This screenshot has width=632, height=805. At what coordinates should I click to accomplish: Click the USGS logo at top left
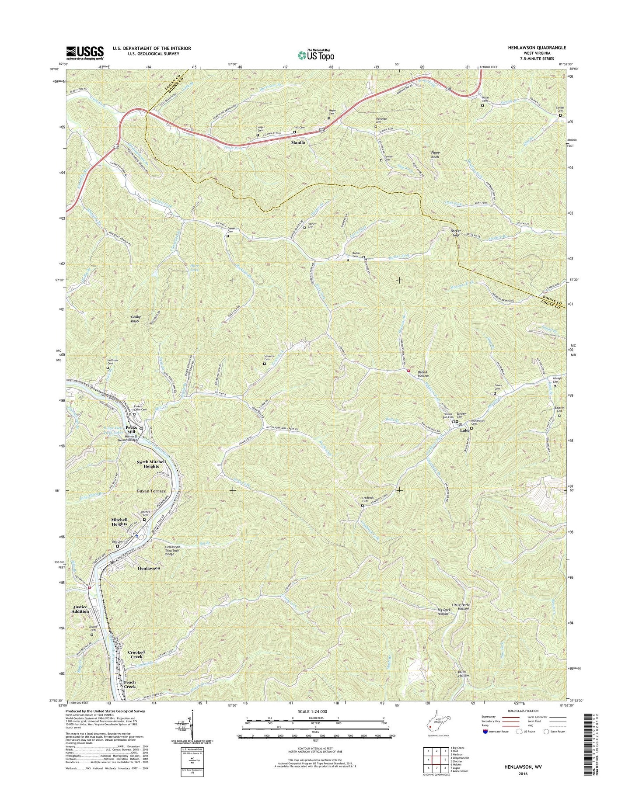[x=85, y=52]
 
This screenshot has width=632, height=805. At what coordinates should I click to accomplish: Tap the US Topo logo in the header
[x=316, y=55]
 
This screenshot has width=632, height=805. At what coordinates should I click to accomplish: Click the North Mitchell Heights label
[x=151, y=464]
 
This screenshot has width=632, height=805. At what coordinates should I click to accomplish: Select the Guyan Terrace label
[x=151, y=491]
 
